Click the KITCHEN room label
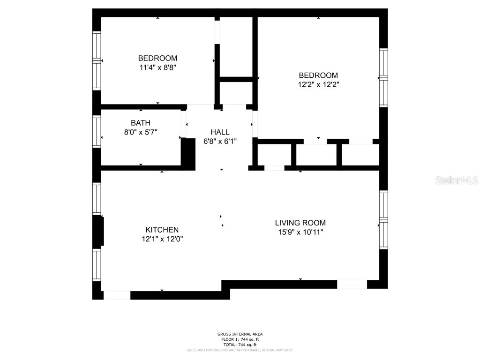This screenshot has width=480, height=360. (x=162, y=230)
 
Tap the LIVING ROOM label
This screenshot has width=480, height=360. (x=300, y=223)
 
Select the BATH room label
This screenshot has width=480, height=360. (x=141, y=123)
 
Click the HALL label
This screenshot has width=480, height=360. (x=220, y=132)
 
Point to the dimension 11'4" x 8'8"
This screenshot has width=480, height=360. (x=157, y=67)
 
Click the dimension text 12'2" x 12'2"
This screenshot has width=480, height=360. (x=318, y=84)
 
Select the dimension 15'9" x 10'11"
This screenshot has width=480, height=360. (x=300, y=232)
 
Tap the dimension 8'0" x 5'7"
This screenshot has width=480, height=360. (x=141, y=132)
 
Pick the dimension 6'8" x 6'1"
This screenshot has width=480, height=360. (x=220, y=141)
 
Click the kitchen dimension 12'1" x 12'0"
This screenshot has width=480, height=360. (x=162, y=239)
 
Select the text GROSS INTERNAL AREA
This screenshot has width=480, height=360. (x=240, y=334)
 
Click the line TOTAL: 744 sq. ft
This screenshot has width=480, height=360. (x=240, y=345)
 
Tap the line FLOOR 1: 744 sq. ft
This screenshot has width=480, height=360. (x=240, y=339)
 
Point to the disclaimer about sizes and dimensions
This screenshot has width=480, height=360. (x=240, y=350)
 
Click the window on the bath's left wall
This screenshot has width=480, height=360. (x=97, y=132)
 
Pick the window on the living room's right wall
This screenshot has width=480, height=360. (x=383, y=220)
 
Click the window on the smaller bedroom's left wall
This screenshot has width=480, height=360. (x=97, y=60)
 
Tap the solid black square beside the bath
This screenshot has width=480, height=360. (x=188, y=153)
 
